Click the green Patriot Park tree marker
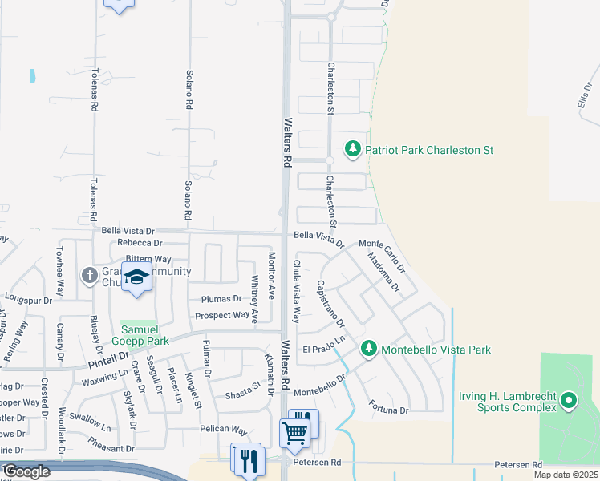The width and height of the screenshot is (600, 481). click(352, 149)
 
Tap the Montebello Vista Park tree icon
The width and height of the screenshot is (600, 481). click(368, 349)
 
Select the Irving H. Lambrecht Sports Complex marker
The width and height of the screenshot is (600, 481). click(569, 399)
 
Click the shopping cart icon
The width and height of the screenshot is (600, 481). click(294, 433)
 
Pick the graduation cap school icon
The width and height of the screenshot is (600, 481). click(137, 277)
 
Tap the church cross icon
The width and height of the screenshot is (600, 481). click(89, 275)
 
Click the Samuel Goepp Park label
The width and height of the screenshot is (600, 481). click(144, 335)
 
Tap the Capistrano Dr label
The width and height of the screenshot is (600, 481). click(330, 304)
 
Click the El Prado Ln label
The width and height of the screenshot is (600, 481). click(323, 350)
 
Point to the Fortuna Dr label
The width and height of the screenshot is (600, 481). click(389, 410)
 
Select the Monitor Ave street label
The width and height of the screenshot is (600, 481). click(271, 275)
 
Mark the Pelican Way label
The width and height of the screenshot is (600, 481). click(224, 430)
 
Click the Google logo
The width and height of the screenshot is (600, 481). click(26, 471)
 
